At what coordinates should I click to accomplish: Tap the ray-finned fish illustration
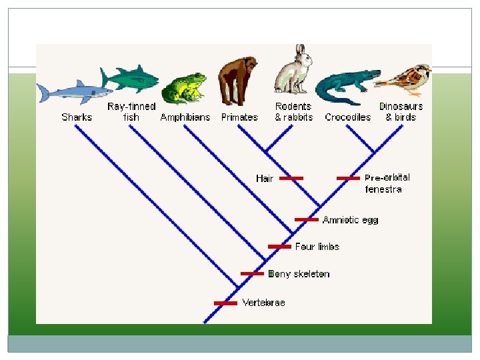(x=131, y=79)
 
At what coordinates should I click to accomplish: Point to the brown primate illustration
(x=238, y=81)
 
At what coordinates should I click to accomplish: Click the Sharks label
(x=77, y=117)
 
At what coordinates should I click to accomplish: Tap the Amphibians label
(x=185, y=117)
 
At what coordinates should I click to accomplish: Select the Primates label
(x=239, y=117)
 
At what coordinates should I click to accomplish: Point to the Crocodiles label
(x=347, y=117)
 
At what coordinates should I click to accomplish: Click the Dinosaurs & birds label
(x=401, y=112)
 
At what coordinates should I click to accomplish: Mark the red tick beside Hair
(x=291, y=179)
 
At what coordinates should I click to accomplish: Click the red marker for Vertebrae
(x=225, y=303)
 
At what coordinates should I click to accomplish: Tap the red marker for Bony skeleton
(x=252, y=273)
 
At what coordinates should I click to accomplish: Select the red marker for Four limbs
(x=279, y=247)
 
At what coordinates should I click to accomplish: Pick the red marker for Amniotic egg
(x=306, y=219)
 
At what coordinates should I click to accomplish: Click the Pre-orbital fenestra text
(x=387, y=183)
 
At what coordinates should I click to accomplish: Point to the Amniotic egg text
(x=350, y=220)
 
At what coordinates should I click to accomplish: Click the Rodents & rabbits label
(x=293, y=112)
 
